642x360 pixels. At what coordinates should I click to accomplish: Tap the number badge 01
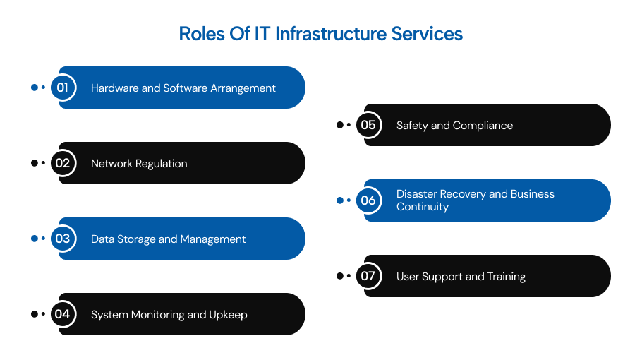click(x=63, y=88)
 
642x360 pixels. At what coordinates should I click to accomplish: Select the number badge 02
click(x=63, y=163)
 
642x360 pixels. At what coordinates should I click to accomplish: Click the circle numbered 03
click(x=63, y=239)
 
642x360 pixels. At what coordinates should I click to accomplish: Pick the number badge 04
click(x=63, y=314)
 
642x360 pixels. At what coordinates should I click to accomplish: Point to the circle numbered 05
click(x=368, y=125)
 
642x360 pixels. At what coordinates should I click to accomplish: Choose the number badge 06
click(x=368, y=200)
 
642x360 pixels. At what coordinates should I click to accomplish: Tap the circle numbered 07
click(x=368, y=276)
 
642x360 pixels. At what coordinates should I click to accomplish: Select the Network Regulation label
click(x=139, y=164)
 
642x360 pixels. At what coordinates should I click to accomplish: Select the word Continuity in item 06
click(x=423, y=207)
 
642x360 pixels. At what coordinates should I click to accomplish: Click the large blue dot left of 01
click(x=34, y=88)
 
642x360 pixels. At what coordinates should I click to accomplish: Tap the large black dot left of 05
click(x=339, y=125)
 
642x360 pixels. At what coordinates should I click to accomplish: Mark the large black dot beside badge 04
click(x=34, y=314)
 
